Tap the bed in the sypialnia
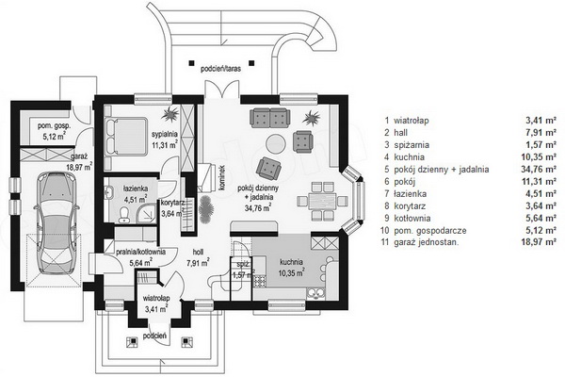(122, 135)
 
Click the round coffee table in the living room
(273, 143)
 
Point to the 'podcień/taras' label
(221, 69)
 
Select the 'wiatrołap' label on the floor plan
(155, 297)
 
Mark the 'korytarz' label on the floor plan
(172, 202)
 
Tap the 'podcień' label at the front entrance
(155, 335)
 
